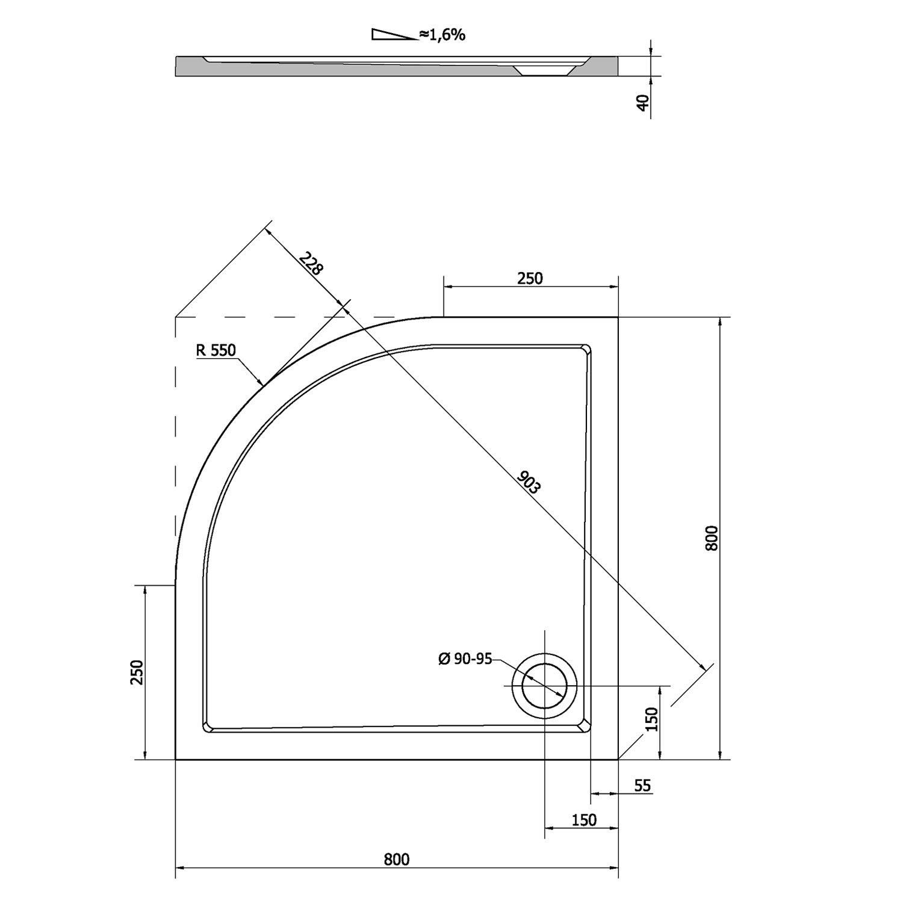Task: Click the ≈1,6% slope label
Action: (x=443, y=35)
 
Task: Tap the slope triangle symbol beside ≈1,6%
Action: (x=394, y=34)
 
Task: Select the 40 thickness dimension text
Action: (x=643, y=103)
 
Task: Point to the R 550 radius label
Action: (x=215, y=350)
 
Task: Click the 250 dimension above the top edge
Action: (x=530, y=278)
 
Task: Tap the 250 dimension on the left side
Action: (x=137, y=672)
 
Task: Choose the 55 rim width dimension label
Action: (x=643, y=786)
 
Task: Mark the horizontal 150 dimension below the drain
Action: (x=583, y=820)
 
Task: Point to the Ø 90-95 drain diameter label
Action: (x=465, y=659)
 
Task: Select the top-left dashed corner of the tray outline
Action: (x=175, y=317)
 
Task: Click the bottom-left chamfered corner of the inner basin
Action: (x=207, y=726)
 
